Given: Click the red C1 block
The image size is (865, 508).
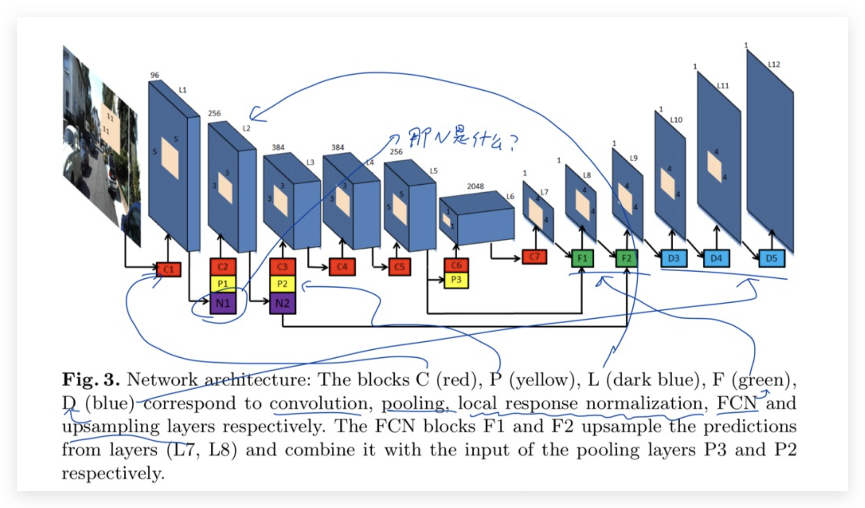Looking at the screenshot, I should click(x=169, y=270).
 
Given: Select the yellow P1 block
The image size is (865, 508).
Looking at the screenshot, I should click(x=223, y=284).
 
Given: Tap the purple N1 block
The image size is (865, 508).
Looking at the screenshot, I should click(x=223, y=303).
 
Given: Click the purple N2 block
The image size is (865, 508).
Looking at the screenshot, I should click(x=283, y=303).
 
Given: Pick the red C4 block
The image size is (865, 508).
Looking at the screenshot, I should click(x=342, y=267).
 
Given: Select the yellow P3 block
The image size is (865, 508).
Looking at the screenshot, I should click(x=456, y=280).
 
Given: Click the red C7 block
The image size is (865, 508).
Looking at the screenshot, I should click(x=535, y=257).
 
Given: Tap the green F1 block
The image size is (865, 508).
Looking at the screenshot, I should click(x=582, y=258).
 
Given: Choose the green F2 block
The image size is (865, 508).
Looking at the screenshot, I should click(x=626, y=258).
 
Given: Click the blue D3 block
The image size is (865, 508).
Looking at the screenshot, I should click(x=674, y=258).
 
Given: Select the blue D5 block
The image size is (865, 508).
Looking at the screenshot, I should click(x=771, y=258).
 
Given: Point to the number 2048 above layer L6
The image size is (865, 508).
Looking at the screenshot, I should click(x=475, y=186).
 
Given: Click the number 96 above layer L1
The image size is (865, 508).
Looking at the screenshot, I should click(x=155, y=75).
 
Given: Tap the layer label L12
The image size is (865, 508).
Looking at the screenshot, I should click(x=774, y=64).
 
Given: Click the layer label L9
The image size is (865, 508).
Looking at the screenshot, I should click(x=634, y=158).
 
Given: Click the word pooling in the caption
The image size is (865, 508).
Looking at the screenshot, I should click(x=413, y=403).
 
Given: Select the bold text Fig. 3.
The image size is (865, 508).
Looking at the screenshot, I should click(x=91, y=380).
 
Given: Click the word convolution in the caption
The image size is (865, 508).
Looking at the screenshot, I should click(x=318, y=403).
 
